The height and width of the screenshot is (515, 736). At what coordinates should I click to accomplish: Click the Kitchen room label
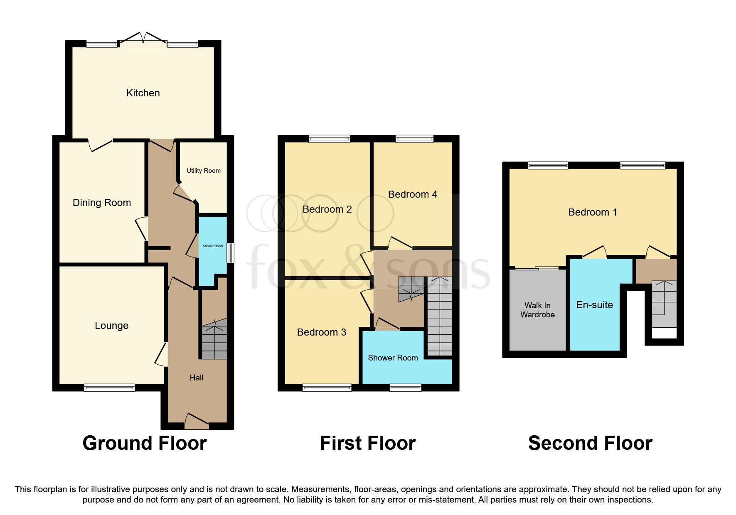143,93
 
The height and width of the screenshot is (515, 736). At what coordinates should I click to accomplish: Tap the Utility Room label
203,171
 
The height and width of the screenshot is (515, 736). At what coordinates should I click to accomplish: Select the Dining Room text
102,203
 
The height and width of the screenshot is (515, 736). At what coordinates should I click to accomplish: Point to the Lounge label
111,326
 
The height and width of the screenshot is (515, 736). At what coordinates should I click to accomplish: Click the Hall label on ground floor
197,378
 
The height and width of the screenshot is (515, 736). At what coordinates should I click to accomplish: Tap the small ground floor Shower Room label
213,246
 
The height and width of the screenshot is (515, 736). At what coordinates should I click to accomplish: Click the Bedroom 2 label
327,209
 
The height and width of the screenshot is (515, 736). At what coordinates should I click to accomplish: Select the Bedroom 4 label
412,194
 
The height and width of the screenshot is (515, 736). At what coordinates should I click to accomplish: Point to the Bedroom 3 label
322,332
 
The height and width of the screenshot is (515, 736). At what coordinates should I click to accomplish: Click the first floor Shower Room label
393,358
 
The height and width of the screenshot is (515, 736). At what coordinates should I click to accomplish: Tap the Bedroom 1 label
592,212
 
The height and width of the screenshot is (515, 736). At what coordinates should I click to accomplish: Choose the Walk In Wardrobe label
537,310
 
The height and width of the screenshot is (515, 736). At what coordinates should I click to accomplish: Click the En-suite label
594,305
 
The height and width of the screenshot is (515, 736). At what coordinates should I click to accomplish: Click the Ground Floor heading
145,443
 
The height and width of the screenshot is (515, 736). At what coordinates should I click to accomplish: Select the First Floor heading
367,443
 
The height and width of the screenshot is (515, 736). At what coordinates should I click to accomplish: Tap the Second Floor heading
590,443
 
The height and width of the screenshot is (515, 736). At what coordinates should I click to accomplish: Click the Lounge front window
109,387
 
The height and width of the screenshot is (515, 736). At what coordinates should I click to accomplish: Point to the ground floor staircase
214,338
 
